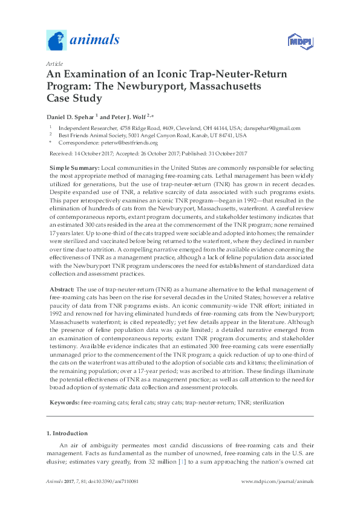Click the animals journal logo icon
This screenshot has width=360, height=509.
(57, 40)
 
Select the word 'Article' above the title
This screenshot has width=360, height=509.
(54, 63)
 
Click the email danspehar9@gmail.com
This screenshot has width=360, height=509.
(273, 128)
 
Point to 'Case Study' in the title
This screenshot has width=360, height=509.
(76, 99)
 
